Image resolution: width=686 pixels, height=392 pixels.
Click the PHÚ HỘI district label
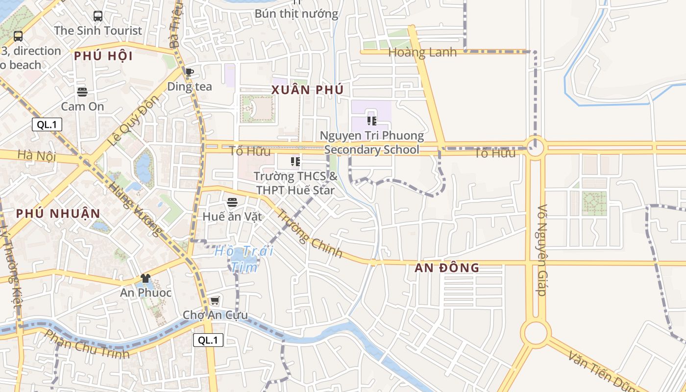[x=103, y=56]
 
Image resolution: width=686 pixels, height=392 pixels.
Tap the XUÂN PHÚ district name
[x=308, y=90]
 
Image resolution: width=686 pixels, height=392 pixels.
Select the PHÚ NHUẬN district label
[x=58, y=213]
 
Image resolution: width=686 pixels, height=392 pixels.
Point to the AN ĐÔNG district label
[x=446, y=268]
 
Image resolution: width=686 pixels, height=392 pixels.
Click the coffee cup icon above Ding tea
[x=189, y=73]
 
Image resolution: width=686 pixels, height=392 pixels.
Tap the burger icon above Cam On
[x=82, y=92]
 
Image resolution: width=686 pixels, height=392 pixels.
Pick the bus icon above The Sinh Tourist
[x=98, y=16]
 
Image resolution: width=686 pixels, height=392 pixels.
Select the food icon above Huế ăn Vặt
[x=232, y=202]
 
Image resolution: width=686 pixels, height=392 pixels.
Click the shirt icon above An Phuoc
[x=146, y=278]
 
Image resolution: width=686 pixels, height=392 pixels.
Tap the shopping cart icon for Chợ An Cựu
[x=215, y=300]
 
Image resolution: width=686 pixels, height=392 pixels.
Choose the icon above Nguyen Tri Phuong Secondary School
[x=371, y=121]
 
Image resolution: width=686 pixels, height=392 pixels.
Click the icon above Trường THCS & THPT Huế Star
[x=295, y=161]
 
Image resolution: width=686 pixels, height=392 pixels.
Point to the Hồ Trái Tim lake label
[x=244, y=259]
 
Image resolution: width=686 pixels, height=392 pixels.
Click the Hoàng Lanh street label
[x=422, y=52]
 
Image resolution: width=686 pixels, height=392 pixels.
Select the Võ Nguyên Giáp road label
[x=542, y=250]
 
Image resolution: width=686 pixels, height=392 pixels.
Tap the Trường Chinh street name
[x=309, y=233]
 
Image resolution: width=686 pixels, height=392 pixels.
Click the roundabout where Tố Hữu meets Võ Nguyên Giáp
[x=535, y=146]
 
